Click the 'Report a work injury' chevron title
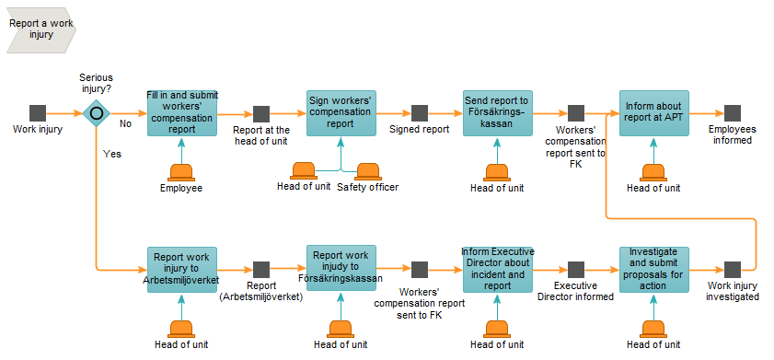pyautogui.click(x=41, y=29)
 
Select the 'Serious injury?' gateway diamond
pyautogui.click(x=97, y=113)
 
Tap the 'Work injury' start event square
pyautogui.click(x=38, y=113)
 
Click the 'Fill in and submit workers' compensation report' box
pyautogui.click(x=182, y=113)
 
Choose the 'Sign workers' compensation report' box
pyautogui.click(x=341, y=113)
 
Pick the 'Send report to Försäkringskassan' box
pyautogui.click(x=498, y=113)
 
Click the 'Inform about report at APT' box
pyautogui.click(x=654, y=113)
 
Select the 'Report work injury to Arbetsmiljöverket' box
pyautogui.click(x=182, y=270)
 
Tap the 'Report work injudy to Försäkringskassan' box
pyautogui.click(x=341, y=268)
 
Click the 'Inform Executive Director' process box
pyautogui.click(x=498, y=270)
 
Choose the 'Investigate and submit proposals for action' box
pyautogui.click(x=654, y=270)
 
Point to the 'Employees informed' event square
pyautogui.click(x=733, y=113)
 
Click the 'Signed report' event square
pyautogui.click(x=420, y=113)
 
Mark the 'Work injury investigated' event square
pyautogui.click(x=733, y=270)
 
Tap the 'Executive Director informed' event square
pyautogui.click(x=576, y=270)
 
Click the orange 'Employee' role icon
pyautogui.click(x=181, y=172)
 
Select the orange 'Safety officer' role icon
pyautogui.click(x=368, y=171)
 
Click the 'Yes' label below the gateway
pyautogui.click(x=112, y=154)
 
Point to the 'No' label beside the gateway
pyautogui.click(x=125, y=124)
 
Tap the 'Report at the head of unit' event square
pyautogui.click(x=261, y=114)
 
